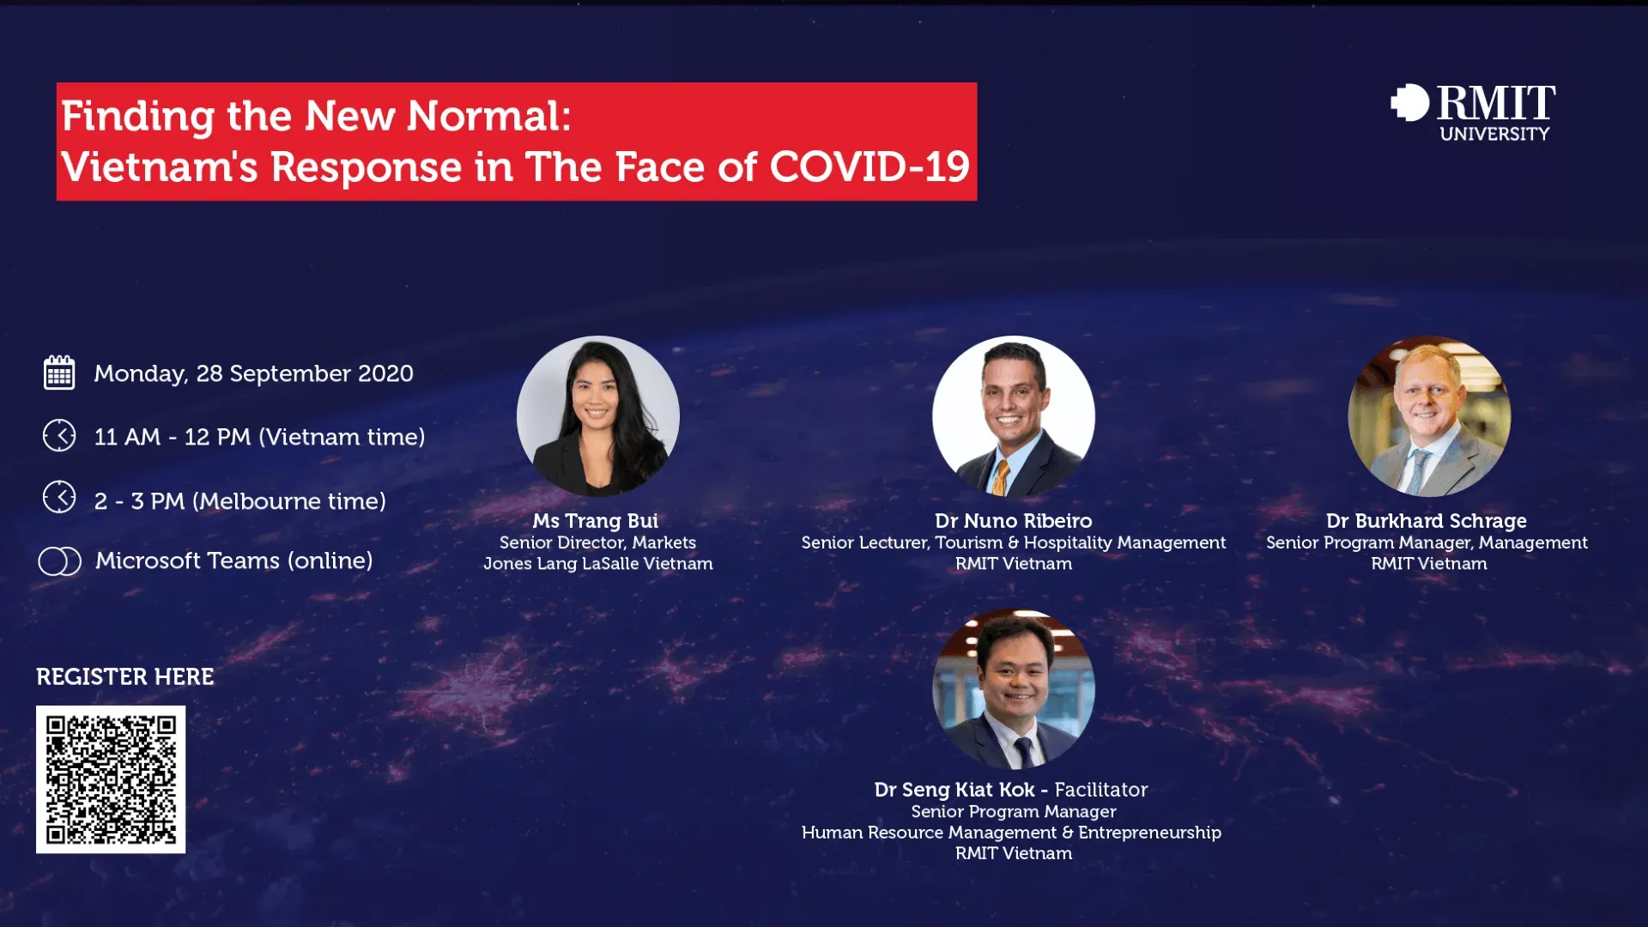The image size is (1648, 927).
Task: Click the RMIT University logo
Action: coord(1473,112)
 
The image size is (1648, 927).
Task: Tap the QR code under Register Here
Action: coord(111,779)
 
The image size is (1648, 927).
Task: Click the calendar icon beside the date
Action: coord(59,373)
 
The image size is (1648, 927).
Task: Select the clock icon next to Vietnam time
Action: coord(59,436)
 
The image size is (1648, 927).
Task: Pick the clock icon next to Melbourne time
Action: coord(59,497)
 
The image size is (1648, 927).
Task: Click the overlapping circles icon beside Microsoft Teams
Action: coord(60,561)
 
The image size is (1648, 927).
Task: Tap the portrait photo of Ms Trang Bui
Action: coord(598,416)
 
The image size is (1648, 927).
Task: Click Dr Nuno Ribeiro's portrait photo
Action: coord(1014,416)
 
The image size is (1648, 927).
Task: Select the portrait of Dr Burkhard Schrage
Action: coord(1429,416)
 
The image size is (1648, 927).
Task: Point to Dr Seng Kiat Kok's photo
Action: coord(1014,688)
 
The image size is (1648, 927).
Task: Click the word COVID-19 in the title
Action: coord(869,167)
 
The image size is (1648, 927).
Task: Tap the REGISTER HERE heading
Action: coord(125,677)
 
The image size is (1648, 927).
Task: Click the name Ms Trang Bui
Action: coord(596,521)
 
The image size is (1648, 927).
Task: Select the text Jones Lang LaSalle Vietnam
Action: coord(598,564)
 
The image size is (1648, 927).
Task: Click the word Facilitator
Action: coord(1101,790)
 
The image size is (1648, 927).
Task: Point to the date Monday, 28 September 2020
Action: coord(254,374)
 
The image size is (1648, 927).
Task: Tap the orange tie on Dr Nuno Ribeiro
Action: coord(1001,477)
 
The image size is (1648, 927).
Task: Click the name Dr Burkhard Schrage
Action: coord(1427,521)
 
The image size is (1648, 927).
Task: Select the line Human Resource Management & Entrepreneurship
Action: coord(1012,833)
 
